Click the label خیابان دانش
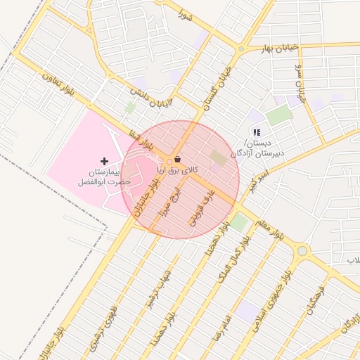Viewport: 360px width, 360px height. coord(150,98)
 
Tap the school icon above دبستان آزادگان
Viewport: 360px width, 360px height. coord(257,131)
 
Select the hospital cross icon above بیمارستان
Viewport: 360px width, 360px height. coord(105,162)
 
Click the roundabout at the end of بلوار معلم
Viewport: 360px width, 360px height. coord(302,250)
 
